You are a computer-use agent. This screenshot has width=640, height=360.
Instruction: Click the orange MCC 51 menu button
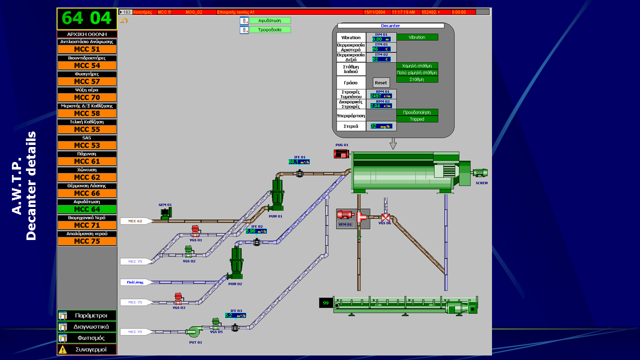point(87,49)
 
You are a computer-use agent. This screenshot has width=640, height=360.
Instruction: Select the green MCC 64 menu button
point(87,209)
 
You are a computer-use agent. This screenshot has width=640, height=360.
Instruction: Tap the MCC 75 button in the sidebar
point(87,241)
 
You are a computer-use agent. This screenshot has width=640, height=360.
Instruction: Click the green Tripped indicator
point(417,119)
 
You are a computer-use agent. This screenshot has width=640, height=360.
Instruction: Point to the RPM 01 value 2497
point(380,96)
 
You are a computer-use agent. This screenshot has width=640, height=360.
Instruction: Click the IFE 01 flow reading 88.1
point(299,162)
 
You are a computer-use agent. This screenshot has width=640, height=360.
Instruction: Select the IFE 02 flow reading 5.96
point(256,231)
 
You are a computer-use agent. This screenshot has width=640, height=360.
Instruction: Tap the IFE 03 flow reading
point(235,315)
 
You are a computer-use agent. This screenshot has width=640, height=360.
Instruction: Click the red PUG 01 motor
point(341,153)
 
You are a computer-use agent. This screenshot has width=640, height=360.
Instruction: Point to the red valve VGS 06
point(385,217)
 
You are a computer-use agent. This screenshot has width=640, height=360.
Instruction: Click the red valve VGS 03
point(178,299)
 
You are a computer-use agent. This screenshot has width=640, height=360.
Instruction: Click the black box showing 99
point(326,303)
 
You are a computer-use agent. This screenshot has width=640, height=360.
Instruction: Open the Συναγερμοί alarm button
point(87,349)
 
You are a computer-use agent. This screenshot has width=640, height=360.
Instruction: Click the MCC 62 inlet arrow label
point(135,221)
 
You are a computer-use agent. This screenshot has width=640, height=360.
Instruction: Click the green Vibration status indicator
point(417,37)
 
